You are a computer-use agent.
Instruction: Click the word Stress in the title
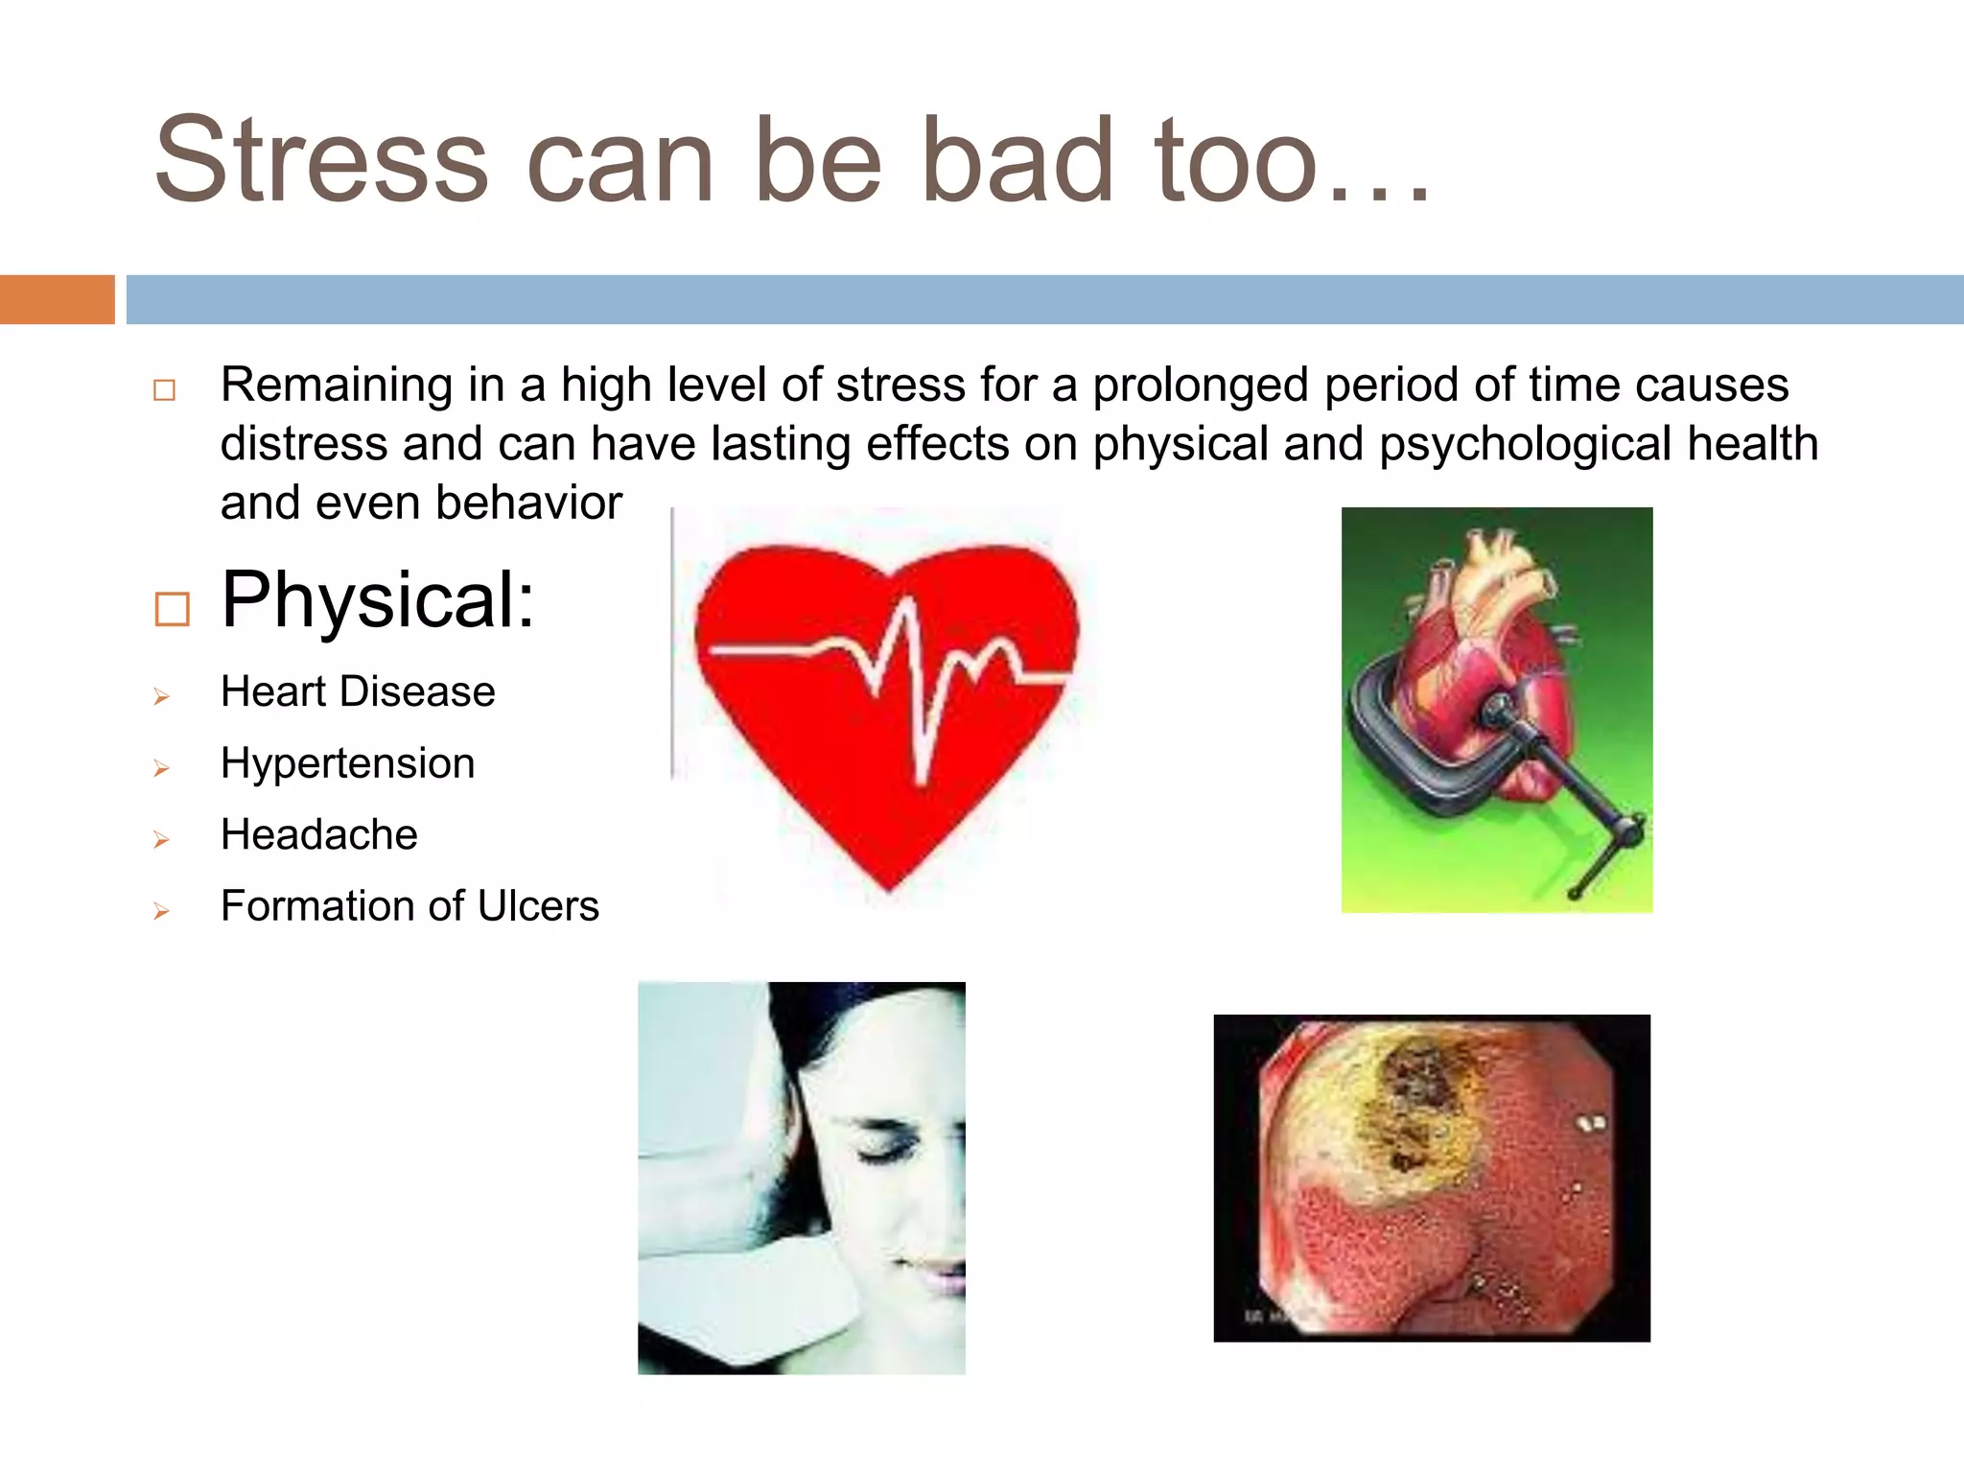[321, 161]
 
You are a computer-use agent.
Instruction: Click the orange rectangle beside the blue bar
[57, 299]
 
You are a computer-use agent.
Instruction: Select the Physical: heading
[377, 600]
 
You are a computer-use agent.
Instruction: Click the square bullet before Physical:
[173, 609]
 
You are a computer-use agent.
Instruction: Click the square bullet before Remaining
[164, 390]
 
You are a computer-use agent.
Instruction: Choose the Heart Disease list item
[357, 691]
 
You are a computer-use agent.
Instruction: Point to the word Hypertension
[347, 763]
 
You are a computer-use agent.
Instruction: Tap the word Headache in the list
[318, 834]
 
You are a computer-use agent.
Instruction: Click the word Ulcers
[538, 906]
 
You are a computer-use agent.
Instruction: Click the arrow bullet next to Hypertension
[161, 768]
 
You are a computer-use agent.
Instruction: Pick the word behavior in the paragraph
[528, 503]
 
